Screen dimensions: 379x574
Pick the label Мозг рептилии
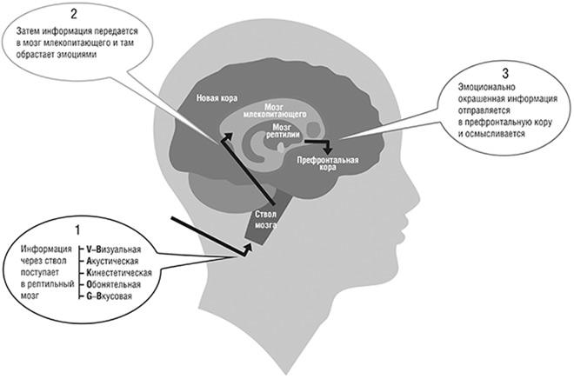tap(291, 133)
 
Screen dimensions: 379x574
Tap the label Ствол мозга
tap(266, 217)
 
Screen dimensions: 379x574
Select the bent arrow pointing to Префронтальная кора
tap(322, 143)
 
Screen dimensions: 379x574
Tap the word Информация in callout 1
tap(47, 249)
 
